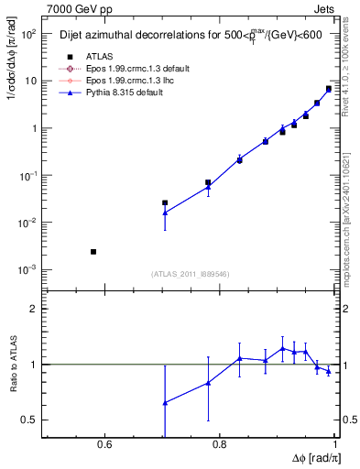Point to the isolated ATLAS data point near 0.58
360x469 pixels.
(x=93, y=251)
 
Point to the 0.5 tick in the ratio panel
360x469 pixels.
(x=31, y=420)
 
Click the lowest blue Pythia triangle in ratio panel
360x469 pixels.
(x=165, y=403)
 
